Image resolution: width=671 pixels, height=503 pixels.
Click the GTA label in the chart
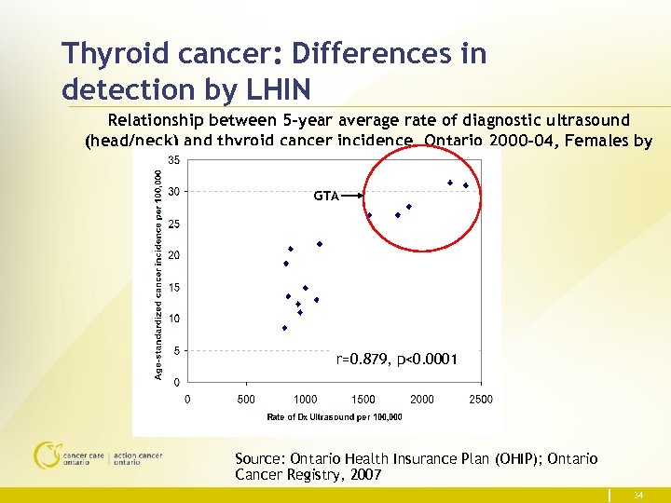[x=325, y=197]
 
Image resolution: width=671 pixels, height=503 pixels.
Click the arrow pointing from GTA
[x=351, y=197]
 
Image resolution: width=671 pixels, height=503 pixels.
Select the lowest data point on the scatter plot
[x=284, y=328]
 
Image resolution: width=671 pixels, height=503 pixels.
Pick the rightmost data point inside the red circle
[x=466, y=185]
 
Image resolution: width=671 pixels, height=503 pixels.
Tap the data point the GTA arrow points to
[x=369, y=215]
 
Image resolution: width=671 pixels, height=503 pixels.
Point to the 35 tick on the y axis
[x=174, y=159]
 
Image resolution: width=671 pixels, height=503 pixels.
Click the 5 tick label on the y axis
[x=177, y=351]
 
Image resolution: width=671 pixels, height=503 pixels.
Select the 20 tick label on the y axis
[x=174, y=255]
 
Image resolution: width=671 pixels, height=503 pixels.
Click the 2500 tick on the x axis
[x=480, y=400]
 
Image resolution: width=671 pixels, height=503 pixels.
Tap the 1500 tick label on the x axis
[x=363, y=400]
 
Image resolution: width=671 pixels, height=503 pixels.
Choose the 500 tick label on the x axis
[x=247, y=400]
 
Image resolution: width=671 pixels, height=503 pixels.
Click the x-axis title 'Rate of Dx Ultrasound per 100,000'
[x=335, y=416]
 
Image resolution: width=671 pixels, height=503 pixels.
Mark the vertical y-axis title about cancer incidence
[x=159, y=270]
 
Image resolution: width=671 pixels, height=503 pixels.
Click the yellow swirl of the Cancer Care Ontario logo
[x=46, y=455]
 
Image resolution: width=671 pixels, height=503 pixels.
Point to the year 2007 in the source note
[x=363, y=475]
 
